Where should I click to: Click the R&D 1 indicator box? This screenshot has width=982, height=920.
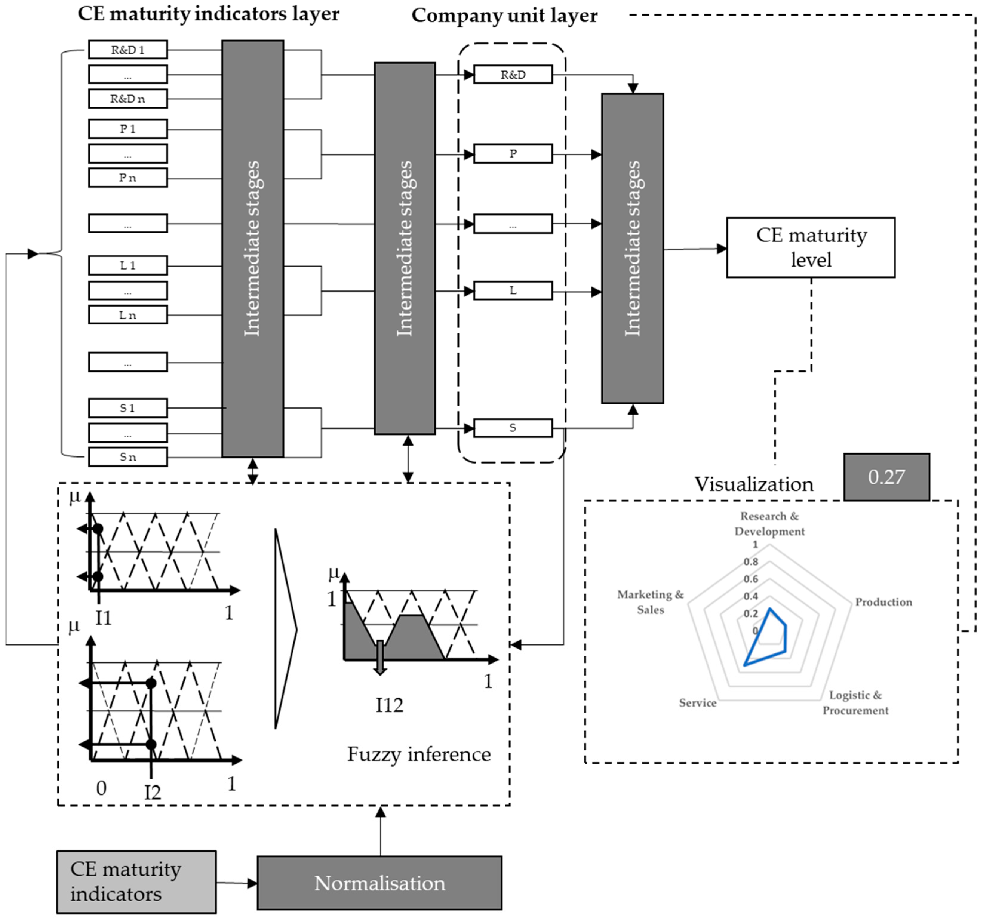[x=127, y=49]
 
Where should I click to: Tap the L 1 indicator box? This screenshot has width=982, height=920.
[x=127, y=265]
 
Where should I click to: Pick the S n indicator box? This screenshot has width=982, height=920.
[x=127, y=457]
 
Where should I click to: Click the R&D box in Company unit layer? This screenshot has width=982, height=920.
[x=513, y=75]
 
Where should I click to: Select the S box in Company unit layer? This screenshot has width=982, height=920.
[x=513, y=428]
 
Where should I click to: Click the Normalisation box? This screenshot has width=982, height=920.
[x=379, y=883]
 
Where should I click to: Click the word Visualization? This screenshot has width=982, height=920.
[x=754, y=484]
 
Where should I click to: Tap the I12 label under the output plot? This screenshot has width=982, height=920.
[x=389, y=705]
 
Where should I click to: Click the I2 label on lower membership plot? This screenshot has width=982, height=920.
[x=153, y=793]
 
